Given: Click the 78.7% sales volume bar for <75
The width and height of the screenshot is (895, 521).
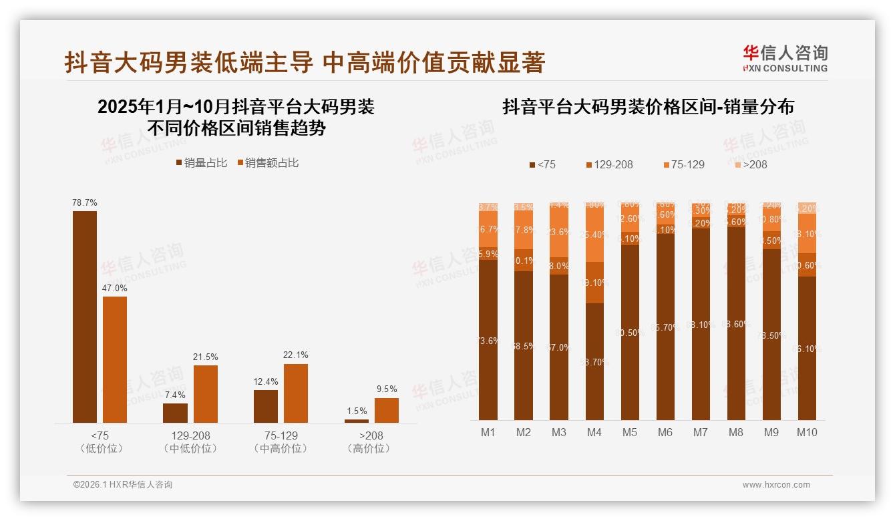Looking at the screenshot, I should coord(85,317).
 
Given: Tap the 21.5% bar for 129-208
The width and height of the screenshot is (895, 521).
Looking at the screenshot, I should coord(206,393).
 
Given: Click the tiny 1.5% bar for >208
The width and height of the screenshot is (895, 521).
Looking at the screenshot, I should coord(356,421).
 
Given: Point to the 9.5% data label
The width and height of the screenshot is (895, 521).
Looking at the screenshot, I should coord(387,389).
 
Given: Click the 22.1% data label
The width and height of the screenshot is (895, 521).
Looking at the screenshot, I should coord(296,355).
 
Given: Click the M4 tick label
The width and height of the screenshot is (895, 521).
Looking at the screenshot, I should coord(594,432).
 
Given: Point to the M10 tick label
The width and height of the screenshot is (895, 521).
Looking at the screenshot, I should coord(807,432).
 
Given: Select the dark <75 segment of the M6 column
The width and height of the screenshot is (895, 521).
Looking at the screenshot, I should coord(665,327).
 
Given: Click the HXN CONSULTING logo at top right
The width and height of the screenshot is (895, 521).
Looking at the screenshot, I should coord(785,59).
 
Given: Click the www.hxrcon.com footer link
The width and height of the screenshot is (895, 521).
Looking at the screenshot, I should coord(776,485).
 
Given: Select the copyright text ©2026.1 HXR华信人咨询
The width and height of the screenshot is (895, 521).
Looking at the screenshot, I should coord(123,485).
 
